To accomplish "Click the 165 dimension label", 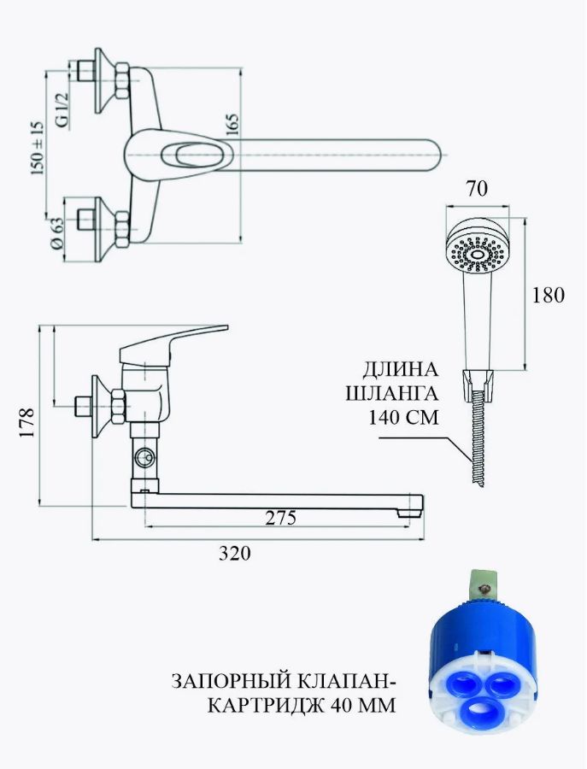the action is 233,125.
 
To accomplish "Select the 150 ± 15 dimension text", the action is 38,148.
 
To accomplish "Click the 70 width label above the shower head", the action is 477,189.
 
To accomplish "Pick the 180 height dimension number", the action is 548,295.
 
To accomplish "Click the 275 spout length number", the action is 280,518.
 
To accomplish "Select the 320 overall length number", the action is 234,553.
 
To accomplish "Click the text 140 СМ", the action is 403,417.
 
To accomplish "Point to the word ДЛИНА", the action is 400,369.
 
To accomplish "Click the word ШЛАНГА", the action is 391,394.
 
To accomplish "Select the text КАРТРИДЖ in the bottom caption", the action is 267,706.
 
